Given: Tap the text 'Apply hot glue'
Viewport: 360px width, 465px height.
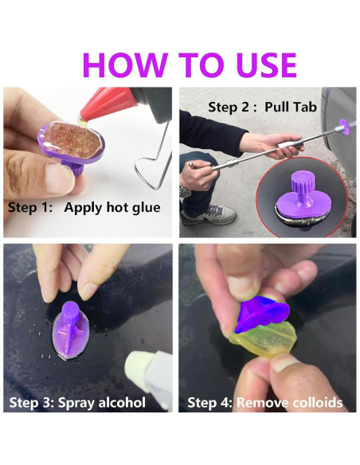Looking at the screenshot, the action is click(x=112, y=207).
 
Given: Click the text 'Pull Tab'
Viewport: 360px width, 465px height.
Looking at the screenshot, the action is click(x=291, y=107).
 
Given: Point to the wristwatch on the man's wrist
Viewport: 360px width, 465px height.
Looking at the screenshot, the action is click(x=185, y=190).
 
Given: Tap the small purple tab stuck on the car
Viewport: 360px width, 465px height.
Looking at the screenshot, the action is click(x=344, y=127).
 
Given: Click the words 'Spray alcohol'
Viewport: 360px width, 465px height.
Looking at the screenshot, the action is click(x=102, y=403).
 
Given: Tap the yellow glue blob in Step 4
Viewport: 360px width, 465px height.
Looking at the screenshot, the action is click(x=264, y=338).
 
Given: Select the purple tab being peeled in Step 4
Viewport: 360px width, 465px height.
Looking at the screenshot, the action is click(x=261, y=314).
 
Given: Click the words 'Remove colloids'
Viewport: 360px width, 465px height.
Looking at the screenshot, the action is click(x=290, y=403).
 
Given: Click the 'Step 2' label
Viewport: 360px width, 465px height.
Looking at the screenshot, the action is click(x=229, y=107).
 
